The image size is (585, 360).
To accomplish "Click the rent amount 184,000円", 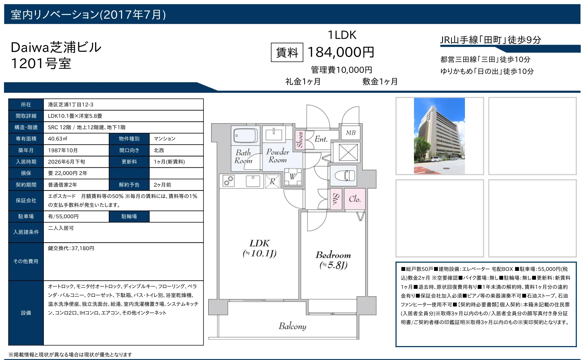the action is tap(341, 52).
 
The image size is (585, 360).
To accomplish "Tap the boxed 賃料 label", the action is tap(287, 52).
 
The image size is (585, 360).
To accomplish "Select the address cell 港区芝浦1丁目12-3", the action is tap(71, 104).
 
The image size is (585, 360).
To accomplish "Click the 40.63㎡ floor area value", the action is tap(57, 139).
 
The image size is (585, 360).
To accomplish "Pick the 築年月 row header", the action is tap(26, 150).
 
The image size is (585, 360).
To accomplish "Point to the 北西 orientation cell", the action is tap(159, 150).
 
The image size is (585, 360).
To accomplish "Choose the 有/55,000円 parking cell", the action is tap(63, 216).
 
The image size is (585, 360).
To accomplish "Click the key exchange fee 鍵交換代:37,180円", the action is tap(71, 248).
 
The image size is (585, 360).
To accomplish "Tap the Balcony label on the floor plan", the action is tap(292, 326).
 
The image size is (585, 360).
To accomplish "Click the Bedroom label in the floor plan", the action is tap(333, 255).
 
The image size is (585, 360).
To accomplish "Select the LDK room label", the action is tap(259, 243).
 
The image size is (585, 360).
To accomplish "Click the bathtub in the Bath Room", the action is tap(246, 135).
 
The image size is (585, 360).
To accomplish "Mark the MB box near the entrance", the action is tap(351, 133).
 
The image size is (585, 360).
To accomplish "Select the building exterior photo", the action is tap(439, 136).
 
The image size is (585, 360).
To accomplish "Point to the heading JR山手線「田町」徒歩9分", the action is tap(491, 40).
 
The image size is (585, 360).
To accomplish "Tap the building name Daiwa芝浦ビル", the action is tap(56, 47).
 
